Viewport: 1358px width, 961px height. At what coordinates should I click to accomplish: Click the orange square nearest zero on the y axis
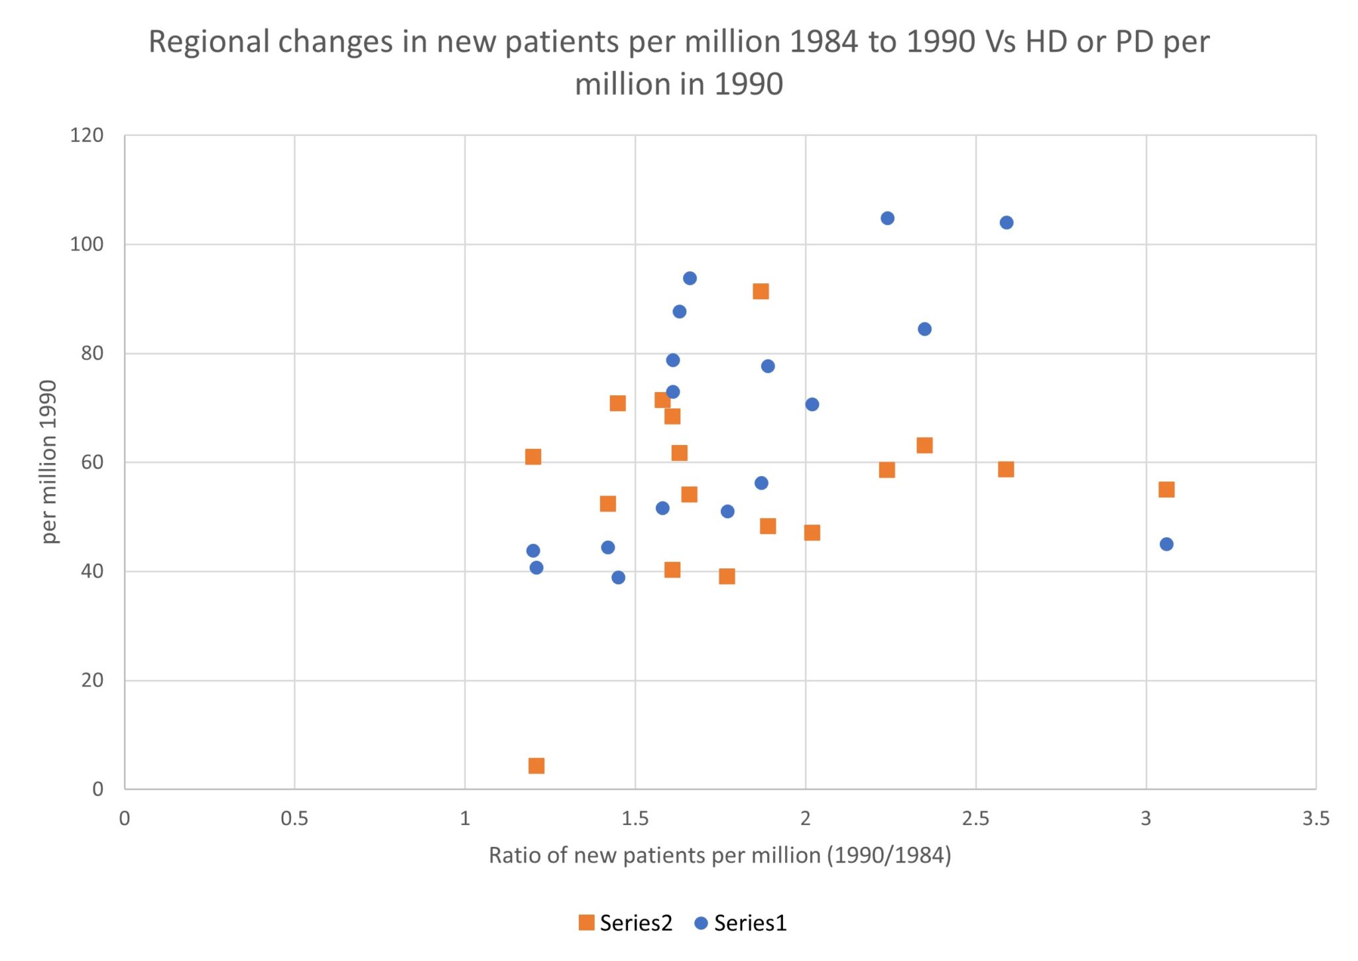click(536, 766)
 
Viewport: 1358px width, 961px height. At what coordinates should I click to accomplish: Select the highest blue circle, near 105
click(887, 218)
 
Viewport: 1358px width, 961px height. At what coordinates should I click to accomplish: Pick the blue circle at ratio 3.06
click(1166, 544)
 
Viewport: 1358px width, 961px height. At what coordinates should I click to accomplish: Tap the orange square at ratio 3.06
click(1166, 489)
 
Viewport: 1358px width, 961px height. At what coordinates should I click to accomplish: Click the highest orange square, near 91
click(761, 291)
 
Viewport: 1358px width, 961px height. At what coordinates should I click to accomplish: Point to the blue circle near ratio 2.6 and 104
click(1007, 222)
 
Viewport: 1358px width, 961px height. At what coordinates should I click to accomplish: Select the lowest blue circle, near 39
click(618, 577)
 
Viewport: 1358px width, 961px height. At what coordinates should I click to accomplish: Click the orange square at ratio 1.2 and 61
click(533, 456)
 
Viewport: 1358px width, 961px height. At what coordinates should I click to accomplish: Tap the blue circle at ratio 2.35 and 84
click(924, 329)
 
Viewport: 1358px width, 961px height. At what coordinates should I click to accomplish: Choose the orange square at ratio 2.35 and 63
click(924, 445)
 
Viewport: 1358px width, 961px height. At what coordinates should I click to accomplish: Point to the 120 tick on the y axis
click(87, 135)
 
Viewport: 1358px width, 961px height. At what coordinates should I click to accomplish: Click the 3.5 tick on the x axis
click(1316, 818)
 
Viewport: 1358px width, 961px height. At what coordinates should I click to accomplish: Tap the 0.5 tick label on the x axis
click(294, 818)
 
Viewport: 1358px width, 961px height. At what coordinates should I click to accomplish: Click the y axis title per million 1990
click(48, 462)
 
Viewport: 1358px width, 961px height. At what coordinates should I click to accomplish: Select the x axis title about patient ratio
click(719, 855)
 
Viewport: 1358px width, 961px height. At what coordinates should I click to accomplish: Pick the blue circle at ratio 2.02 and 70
click(812, 404)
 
